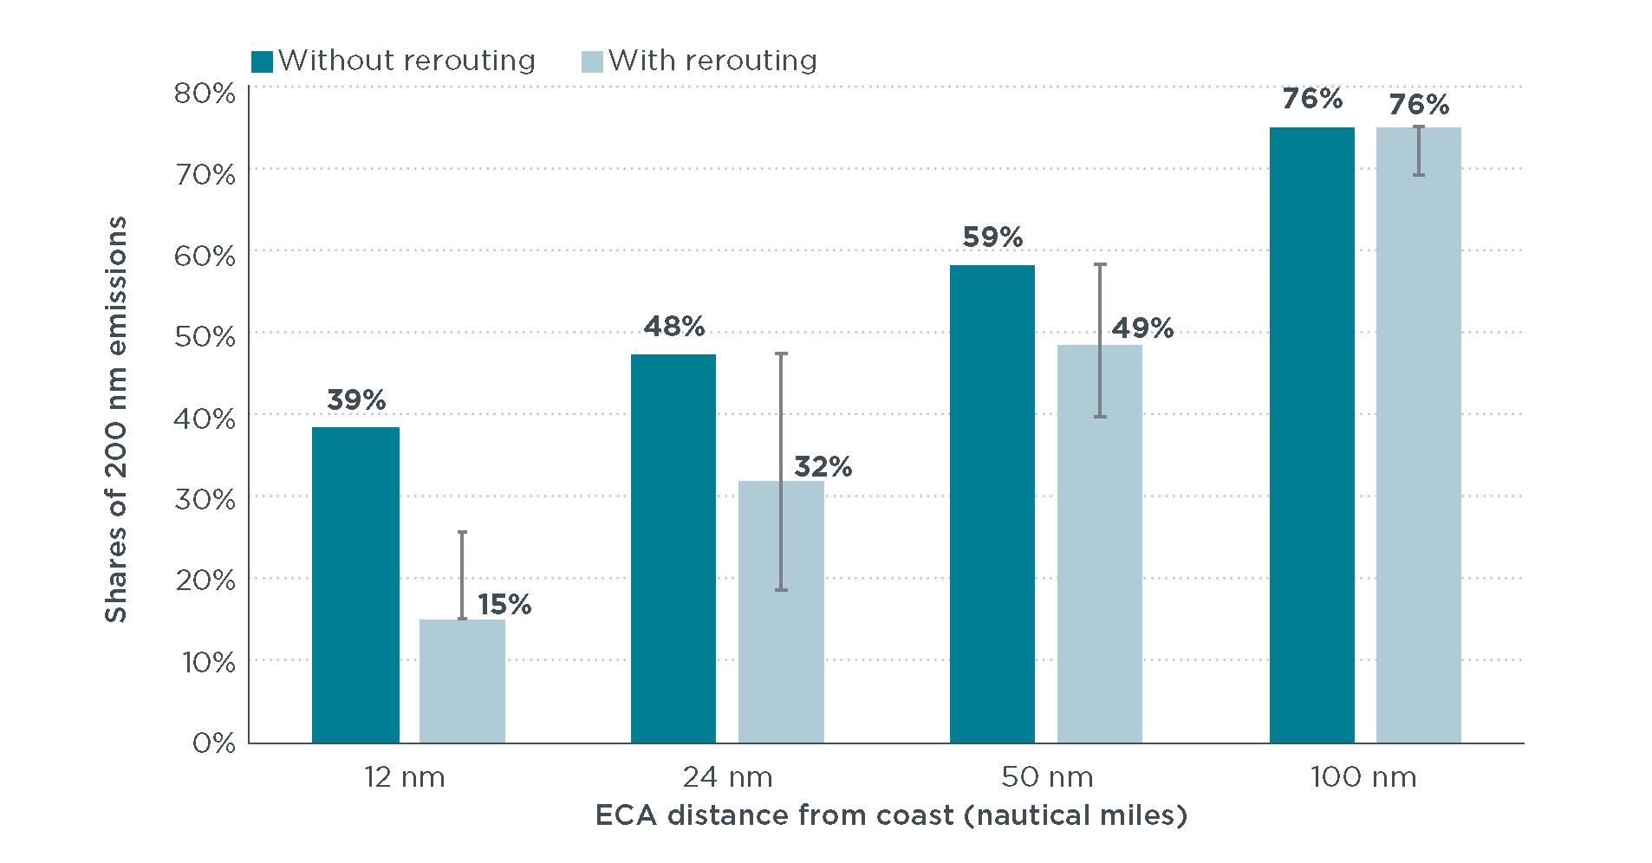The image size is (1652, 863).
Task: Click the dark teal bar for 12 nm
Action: pos(355,585)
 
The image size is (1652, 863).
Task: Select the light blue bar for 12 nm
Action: pos(462,681)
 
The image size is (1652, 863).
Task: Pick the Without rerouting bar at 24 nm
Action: pos(673,548)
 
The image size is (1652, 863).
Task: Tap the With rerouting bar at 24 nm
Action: pos(780,612)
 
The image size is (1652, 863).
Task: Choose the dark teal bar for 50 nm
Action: pos(992,503)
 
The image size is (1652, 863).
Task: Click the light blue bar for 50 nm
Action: pos(1099,544)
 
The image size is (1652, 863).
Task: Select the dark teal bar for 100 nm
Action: pos(1311,435)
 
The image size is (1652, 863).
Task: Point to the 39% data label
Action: pos(356,400)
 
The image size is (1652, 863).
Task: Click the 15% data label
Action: pos(504,605)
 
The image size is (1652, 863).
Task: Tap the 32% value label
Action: pos(823,467)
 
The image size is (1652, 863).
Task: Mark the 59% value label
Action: pos(992,237)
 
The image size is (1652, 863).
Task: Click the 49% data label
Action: pos(1142,328)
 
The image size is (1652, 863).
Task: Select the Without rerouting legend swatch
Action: pos(262,62)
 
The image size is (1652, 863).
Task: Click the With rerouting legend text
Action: pos(712,61)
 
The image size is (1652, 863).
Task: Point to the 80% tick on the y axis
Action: pos(205,93)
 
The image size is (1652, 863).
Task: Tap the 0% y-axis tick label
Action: pos(213,743)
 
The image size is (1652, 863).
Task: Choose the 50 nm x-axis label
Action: pos(1047,777)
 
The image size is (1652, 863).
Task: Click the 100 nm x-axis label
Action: pos(1363,777)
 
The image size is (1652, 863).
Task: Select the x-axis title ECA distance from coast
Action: pos(891,815)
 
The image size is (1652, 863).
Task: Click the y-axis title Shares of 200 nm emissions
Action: pos(116,419)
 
